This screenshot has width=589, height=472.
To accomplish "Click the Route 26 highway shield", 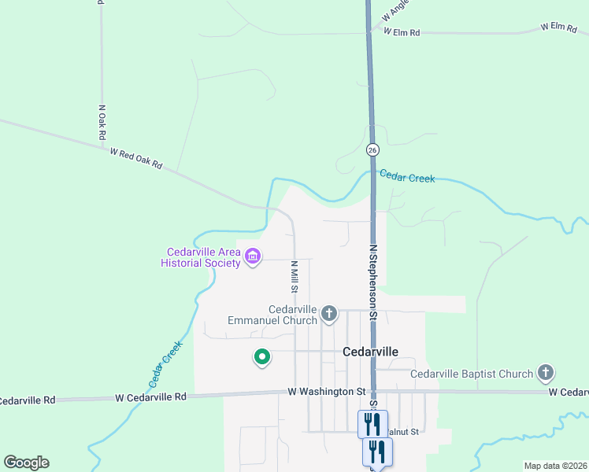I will [372, 149].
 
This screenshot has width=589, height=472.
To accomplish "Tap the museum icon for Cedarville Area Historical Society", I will [253, 256].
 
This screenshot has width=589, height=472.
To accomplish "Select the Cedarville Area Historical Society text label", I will [201, 257].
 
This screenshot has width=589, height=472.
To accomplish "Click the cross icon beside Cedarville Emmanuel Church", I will [329, 315].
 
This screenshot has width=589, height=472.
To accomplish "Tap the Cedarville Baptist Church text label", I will [472, 374].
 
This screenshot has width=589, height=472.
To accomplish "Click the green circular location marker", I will [261, 357].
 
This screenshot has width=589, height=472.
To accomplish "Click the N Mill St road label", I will [294, 276].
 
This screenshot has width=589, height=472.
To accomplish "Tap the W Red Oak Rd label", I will [135, 158].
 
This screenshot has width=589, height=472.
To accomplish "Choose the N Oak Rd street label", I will [102, 123].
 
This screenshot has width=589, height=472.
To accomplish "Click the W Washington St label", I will [327, 391].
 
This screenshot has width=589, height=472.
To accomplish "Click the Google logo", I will [26, 463].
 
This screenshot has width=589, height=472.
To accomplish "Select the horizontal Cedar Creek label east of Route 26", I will [407, 178].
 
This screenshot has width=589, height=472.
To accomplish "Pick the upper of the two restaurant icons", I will [372, 423].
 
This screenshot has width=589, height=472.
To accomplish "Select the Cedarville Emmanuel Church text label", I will [272, 315].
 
